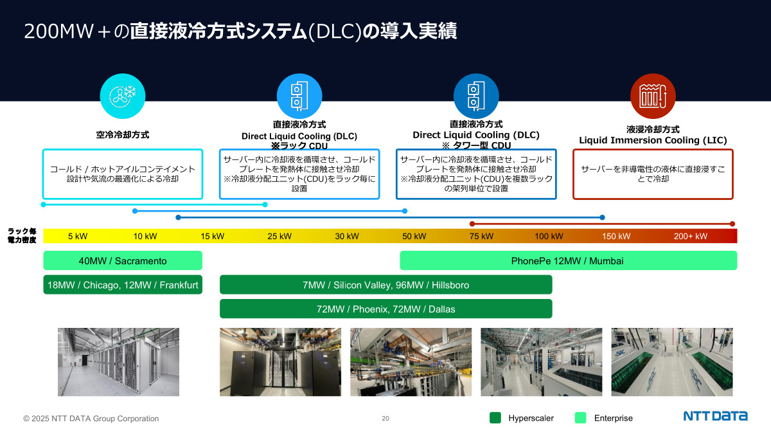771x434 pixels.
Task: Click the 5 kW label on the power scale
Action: click(x=78, y=236)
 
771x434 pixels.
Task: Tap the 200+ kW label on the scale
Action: click(x=690, y=236)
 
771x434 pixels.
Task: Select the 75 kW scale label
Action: click(x=481, y=236)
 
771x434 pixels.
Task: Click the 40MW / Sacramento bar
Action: click(x=123, y=260)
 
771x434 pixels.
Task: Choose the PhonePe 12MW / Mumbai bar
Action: click(x=568, y=260)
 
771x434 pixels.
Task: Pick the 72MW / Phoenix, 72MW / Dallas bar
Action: click(x=385, y=309)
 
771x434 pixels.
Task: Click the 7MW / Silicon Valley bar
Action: click(x=385, y=285)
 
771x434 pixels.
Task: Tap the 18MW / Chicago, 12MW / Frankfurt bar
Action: click(x=123, y=285)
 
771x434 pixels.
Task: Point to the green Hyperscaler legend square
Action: click(x=495, y=418)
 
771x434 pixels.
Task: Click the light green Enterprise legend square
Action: click(x=580, y=418)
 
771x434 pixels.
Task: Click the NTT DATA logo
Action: click(x=715, y=416)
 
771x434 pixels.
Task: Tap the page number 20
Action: click(x=385, y=419)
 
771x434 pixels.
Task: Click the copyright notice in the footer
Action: click(x=91, y=419)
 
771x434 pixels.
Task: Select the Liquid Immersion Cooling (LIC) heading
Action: click(x=653, y=140)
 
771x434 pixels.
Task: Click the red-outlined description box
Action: click(x=653, y=174)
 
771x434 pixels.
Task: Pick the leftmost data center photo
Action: click(x=118, y=362)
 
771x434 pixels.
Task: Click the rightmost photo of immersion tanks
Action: click(x=672, y=362)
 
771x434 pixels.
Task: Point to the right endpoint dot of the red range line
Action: click(x=732, y=224)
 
